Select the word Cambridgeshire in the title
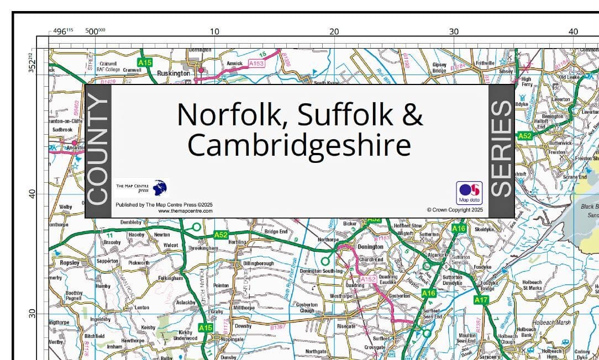pos(299,145)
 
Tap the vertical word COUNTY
pos(98,150)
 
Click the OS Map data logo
pos(469,193)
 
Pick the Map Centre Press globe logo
pos(160,188)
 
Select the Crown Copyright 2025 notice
pos(455,210)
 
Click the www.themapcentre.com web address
pos(185,211)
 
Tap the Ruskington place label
pos(174,73)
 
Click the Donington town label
pos(370,246)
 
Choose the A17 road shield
pos(481,300)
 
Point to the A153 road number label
pos(256,64)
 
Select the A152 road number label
pos(368,280)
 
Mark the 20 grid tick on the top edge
pos(334,31)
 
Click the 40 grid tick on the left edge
pos(32,194)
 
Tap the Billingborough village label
pos(258,264)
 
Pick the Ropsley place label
pos(70,263)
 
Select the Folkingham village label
pos(170,278)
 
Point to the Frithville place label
pos(485,63)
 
